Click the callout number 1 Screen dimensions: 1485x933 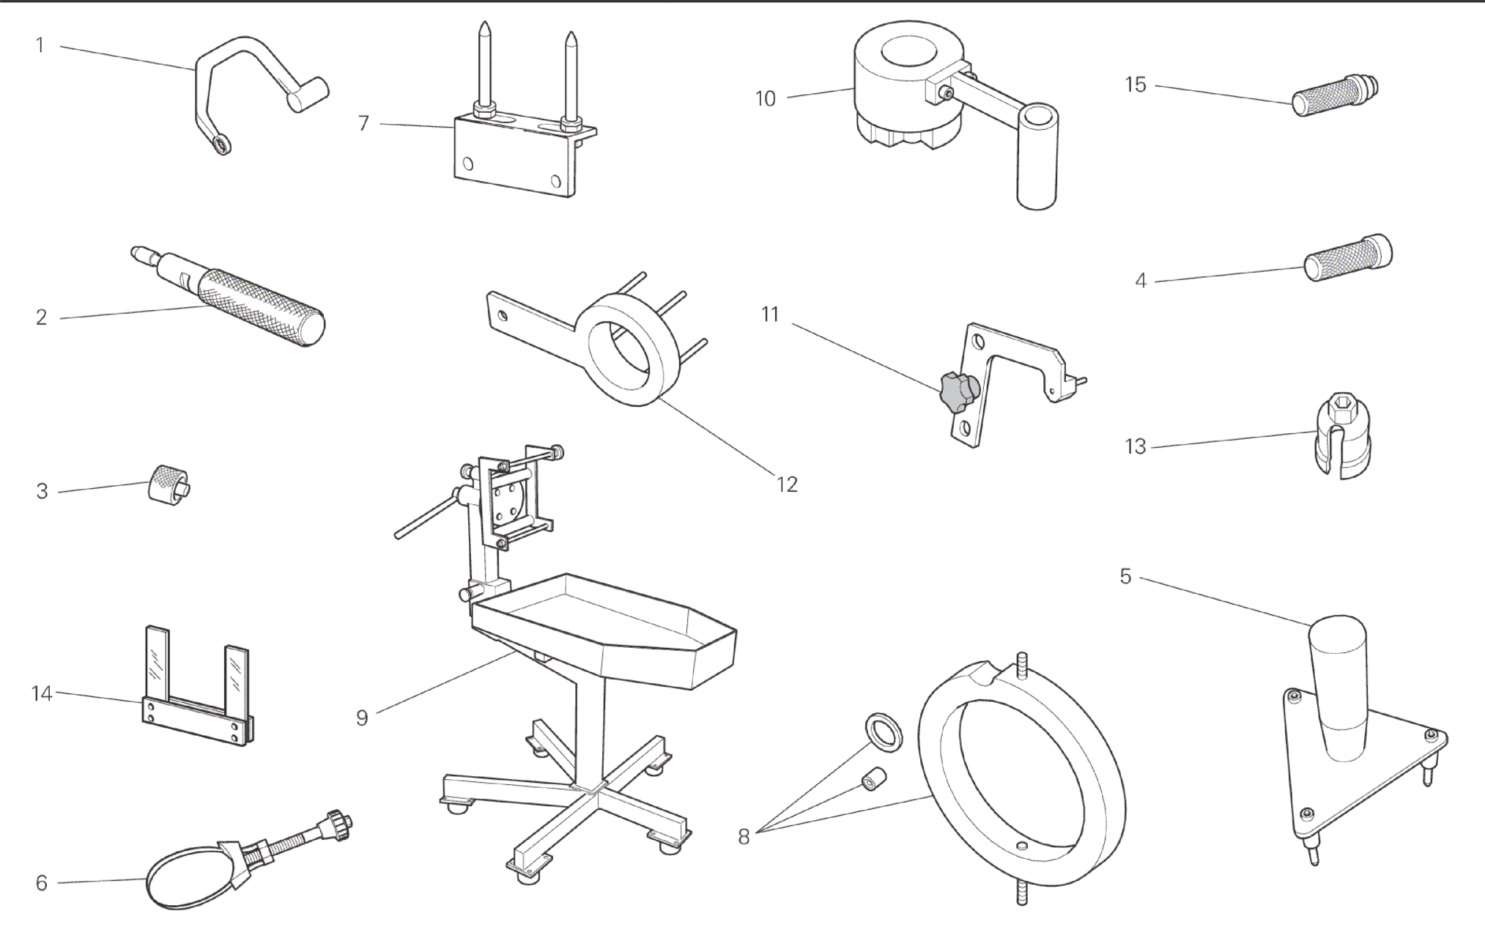tap(40, 45)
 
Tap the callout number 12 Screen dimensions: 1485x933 tap(787, 484)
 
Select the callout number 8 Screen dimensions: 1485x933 tap(744, 837)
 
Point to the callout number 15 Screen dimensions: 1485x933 tap(1136, 85)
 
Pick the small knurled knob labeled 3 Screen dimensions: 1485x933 tap(168, 484)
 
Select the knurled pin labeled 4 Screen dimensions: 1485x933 tap(1349, 258)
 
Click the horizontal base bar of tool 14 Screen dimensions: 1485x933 tap(198, 723)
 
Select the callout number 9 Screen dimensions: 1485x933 tap(362, 718)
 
